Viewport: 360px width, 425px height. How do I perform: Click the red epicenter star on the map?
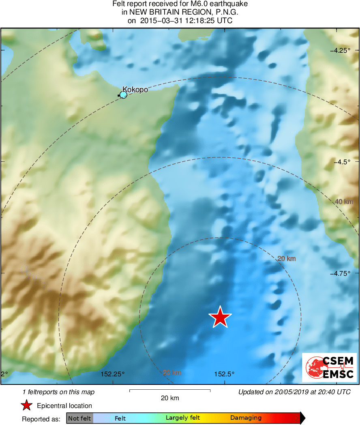[220, 317]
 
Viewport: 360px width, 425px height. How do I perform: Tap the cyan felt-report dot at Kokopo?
[124, 95]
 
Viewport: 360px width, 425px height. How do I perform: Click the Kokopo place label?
[135, 90]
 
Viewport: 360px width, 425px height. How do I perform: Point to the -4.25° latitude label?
[341, 51]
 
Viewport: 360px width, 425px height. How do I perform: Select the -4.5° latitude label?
[344, 162]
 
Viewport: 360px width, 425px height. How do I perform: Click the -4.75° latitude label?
[342, 273]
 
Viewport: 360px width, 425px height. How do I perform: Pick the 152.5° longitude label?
[224, 374]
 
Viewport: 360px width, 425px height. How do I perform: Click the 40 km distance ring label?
[344, 202]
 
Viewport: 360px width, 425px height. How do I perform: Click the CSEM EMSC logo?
[329, 367]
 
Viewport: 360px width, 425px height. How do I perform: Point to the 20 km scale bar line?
[169, 391]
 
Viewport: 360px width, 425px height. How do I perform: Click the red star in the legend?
[27, 406]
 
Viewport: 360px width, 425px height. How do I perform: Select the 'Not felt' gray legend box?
[79, 418]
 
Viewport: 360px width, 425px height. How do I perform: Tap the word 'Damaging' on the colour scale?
[246, 418]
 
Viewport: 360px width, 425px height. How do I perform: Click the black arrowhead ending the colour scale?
[302, 418]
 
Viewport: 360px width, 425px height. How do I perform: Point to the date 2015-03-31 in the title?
[161, 21]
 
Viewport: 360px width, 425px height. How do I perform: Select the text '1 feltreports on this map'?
[59, 392]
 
